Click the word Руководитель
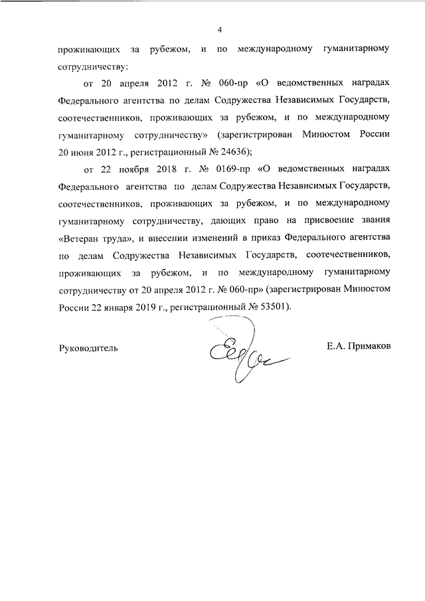[88, 347]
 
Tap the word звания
[371, 220]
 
